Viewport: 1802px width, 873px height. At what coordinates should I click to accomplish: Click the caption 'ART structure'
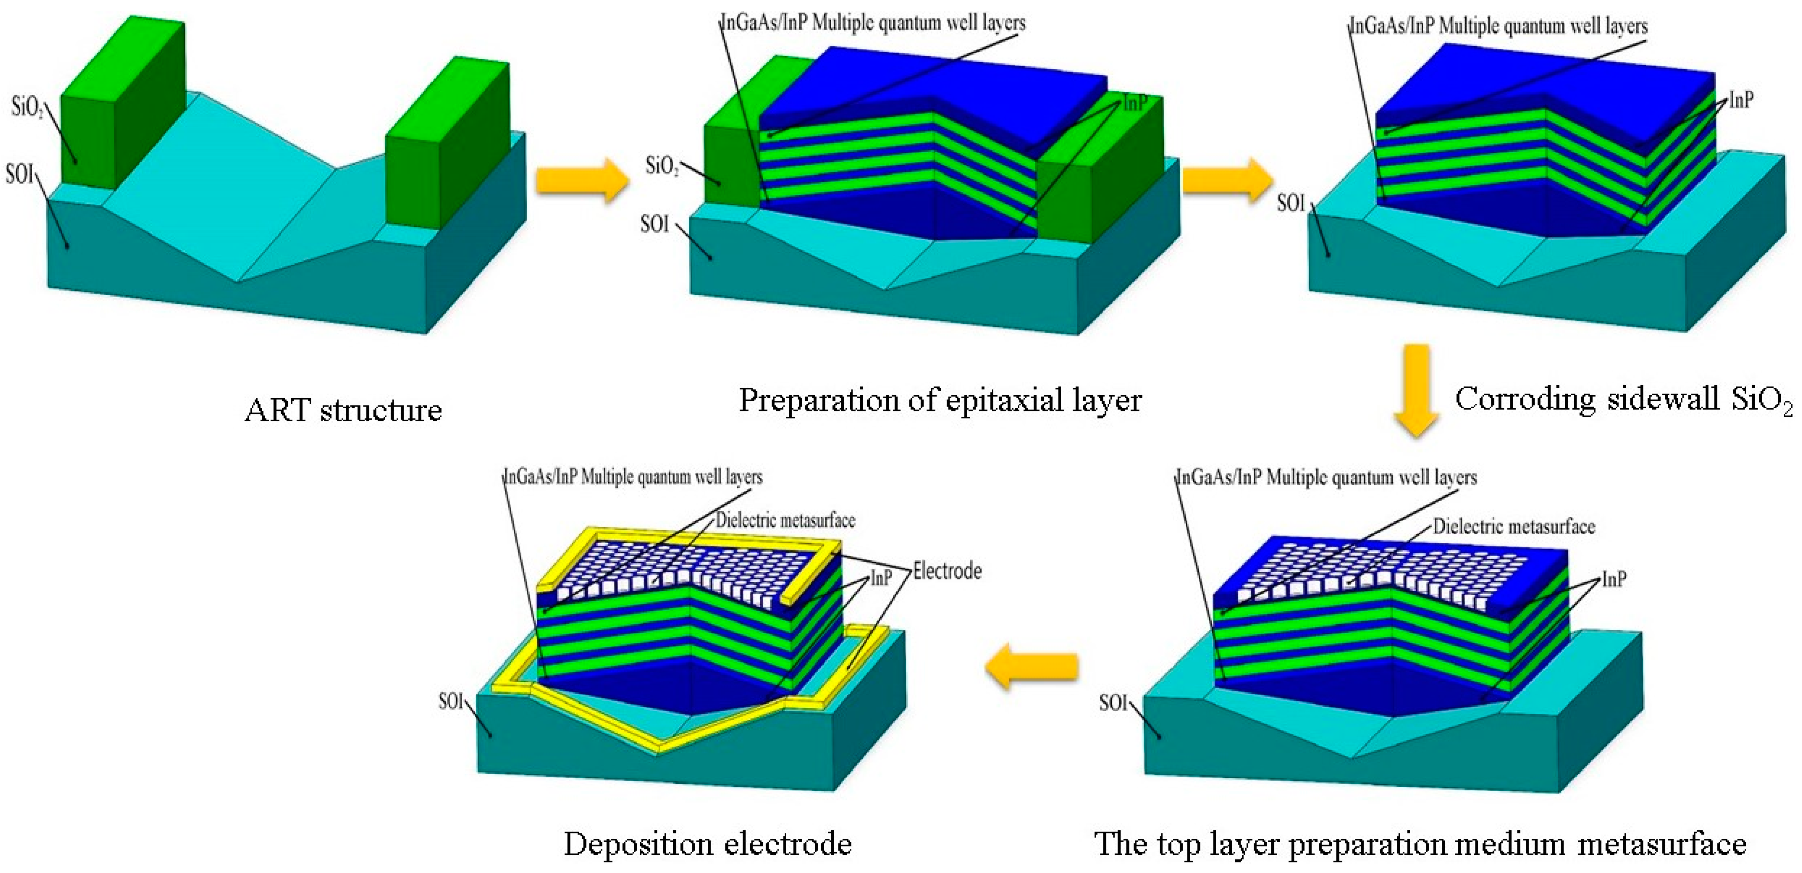(x=343, y=410)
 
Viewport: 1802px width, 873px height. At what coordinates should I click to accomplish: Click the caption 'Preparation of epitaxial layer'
(x=940, y=401)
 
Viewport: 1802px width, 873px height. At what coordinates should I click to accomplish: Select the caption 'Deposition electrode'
(x=707, y=844)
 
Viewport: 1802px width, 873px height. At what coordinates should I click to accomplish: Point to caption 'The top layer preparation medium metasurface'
(x=1420, y=844)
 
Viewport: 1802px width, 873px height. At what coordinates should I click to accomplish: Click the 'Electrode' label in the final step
(x=947, y=572)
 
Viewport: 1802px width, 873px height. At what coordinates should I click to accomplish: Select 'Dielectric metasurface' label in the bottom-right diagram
(x=1514, y=527)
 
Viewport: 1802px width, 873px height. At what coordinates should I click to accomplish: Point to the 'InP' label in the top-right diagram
(x=1741, y=101)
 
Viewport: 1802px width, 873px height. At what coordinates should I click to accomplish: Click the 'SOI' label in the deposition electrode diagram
(x=451, y=701)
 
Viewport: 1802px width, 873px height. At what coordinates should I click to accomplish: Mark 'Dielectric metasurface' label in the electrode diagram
(x=785, y=520)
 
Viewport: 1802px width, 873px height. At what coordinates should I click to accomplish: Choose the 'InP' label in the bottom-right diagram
(x=1614, y=579)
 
